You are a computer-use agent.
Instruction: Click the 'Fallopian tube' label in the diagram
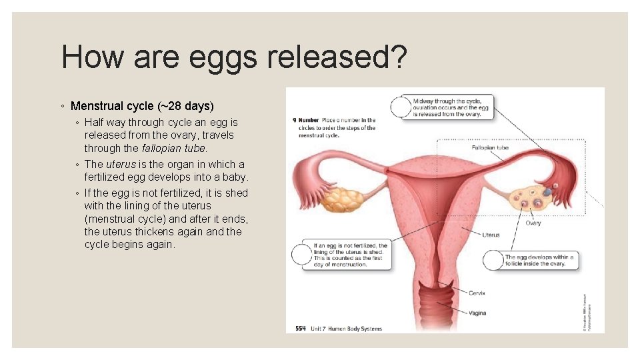pos(489,147)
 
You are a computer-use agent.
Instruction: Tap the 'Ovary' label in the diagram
pos(533,223)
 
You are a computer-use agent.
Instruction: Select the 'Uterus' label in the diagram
pos(491,235)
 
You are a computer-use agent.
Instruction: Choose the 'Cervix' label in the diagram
pos(477,293)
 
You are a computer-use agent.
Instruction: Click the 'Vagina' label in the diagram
pos(477,313)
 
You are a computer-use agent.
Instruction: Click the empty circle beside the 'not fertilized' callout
pos(301,255)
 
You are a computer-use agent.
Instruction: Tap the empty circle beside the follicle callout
pos(493,259)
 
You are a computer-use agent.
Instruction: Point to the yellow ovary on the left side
pos(342,197)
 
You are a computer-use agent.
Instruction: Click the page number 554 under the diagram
pos(301,328)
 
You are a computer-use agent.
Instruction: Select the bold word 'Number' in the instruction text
pos(310,121)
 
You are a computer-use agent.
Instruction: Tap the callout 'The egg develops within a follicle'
pos(539,260)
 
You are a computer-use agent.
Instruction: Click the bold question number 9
pos(295,121)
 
